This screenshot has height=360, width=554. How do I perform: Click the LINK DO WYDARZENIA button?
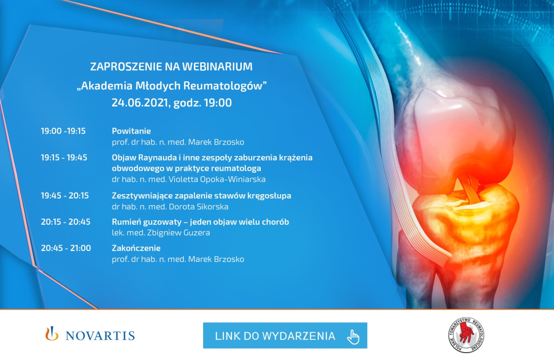pyautogui.click(x=285, y=335)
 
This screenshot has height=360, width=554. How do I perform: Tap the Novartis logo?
pyautogui.click(x=90, y=334)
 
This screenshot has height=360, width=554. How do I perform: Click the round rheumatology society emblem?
pyautogui.click(x=466, y=335)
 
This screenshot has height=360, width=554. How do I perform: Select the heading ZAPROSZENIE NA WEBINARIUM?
pyautogui.click(x=171, y=66)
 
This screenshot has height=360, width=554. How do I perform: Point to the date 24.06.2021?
pyautogui.click(x=140, y=103)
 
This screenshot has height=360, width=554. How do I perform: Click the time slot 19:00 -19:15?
pyautogui.click(x=63, y=131)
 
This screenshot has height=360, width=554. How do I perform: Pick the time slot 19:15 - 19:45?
pyautogui.click(x=64, y=157)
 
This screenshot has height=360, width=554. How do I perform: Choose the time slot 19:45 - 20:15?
pyautogui.click(x=64, y=196)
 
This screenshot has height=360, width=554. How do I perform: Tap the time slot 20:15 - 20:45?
pyautogui.click(x=66, y=222)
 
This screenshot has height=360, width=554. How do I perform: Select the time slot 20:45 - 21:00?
pyautogui.click(x=66, y=248)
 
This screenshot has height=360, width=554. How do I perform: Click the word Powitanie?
pyautogui.click(x=131, y=131)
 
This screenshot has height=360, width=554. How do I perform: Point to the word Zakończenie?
pyautogui.click(x=136, y=248)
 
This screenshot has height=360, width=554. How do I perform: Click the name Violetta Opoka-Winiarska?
pyautogui.click(x=217, y=179)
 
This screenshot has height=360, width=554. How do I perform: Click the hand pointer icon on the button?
pyautogui.click(x=353, y=337)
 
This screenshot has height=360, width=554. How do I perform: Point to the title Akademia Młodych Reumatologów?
pyautogui.click(x=172, y=86)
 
